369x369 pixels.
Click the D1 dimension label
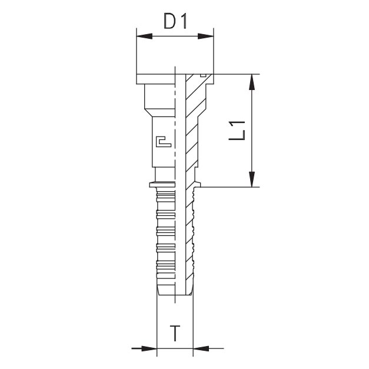click(x=175, y=22)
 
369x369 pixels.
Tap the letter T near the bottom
click(x=175, y=334)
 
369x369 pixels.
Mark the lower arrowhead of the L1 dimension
click(x=252, y=179)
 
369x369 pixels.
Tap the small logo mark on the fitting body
click(x=163, y=141)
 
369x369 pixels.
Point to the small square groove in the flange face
click(x=203, y=75)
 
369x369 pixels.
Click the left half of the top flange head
click(x=155, y=79)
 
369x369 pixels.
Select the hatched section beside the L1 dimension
click(x=192, y=129)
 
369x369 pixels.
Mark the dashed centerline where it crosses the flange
click(x=175, y=79)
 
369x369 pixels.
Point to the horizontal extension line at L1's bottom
click(x=230, y=187)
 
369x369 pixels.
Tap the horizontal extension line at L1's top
click(x=235, y=74)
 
